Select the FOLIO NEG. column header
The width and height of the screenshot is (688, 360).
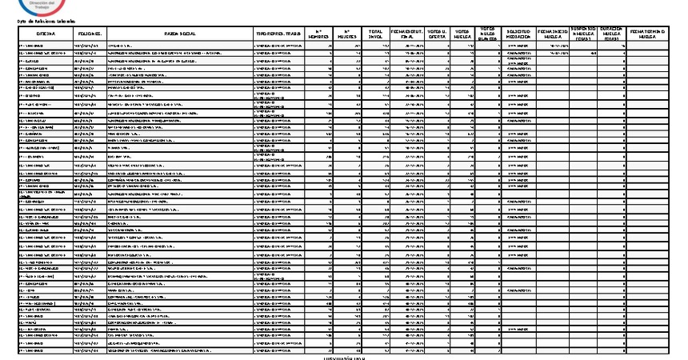pos(88,34)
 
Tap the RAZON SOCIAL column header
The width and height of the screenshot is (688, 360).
pos(179,34)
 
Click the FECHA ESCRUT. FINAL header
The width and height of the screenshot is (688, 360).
pos(405,34)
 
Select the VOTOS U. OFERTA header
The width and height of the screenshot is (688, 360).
pos(436,34)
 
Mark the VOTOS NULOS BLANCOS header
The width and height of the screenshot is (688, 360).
pos(489,34)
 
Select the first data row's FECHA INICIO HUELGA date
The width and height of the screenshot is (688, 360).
pos(554,46)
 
